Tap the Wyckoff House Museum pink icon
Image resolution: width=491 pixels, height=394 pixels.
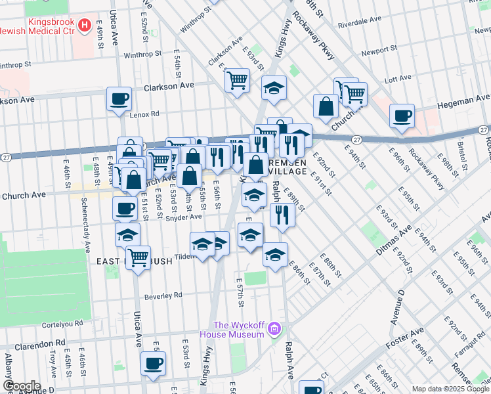point(275,328)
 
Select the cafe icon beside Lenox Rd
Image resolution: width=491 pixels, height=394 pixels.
point(119,99)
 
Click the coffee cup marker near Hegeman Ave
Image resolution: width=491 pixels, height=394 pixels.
point(402,116)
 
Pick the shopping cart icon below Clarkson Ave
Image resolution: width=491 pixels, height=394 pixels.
point(237,80)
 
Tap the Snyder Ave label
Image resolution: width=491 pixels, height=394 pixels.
point(184,217)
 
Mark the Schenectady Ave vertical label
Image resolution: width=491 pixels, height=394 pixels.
point(86,229)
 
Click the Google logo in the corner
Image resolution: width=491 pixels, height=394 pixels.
point(22,386)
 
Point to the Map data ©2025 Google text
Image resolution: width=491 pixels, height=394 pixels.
point(450,389)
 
